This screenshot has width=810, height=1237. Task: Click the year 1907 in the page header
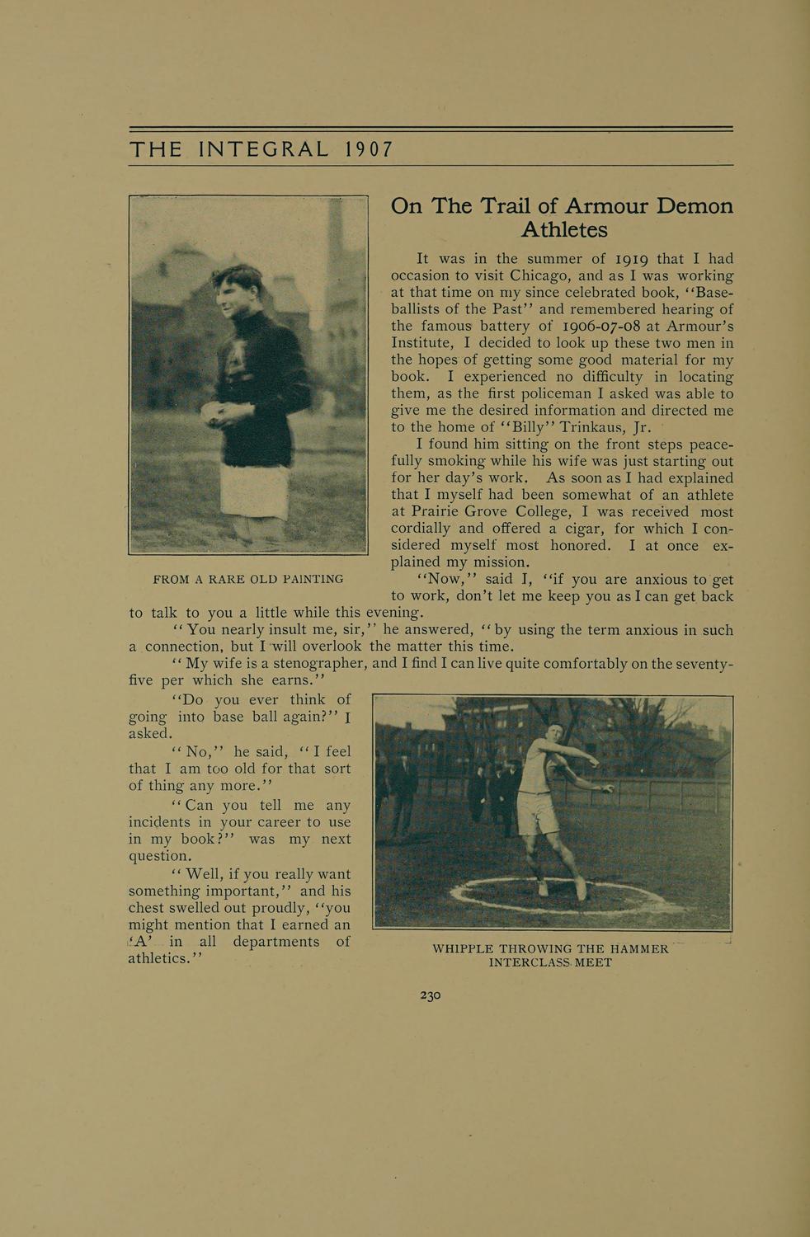click(369, 149)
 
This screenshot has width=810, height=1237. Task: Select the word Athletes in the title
click(564, 229)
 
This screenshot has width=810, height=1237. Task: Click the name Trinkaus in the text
click(594, 427)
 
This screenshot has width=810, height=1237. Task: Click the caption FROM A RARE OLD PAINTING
click(248, 579)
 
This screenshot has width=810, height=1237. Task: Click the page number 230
click(431, 995)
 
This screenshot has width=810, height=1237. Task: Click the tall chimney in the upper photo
click(335, 239)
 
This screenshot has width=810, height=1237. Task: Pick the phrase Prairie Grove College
click(477, 512)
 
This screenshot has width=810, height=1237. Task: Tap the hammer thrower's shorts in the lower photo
click(537, 814)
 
